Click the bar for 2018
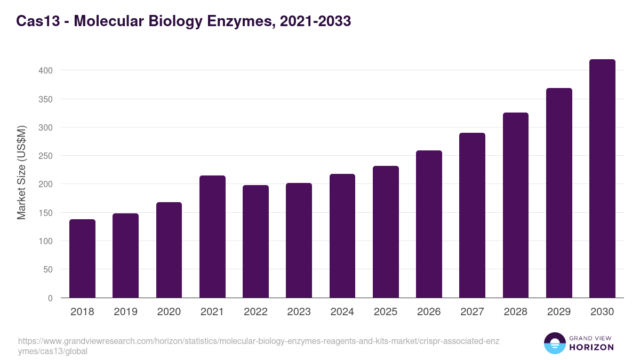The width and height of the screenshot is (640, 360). (82, 259)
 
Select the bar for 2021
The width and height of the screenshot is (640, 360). (212, 237)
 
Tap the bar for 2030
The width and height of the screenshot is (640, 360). (602, 179)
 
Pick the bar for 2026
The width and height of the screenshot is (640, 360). (429, 224)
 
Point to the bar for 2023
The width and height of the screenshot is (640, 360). (299, 241)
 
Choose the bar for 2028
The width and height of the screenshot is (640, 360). (516, 205)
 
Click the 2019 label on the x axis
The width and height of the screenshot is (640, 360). (125, 312)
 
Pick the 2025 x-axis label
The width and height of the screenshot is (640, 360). (386, 312)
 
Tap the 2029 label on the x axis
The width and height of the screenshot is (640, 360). (559, 312)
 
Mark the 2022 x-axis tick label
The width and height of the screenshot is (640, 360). (255, 312)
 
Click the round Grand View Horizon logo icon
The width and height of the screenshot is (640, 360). (555, 343)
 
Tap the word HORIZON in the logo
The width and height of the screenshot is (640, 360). (591, 347)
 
